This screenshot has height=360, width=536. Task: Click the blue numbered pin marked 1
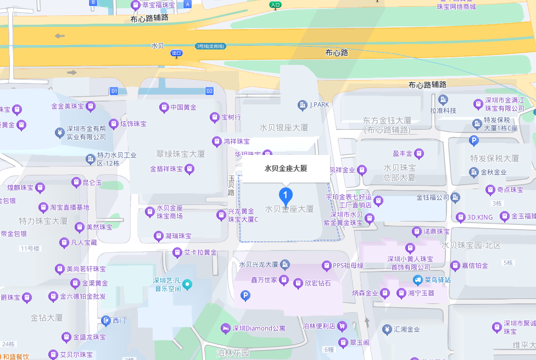click(x=286, y=195)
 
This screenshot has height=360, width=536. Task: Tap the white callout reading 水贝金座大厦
click(x=286, y=169)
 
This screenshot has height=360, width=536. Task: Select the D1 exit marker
click(x=114, y=91)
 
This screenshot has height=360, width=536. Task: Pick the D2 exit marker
click(x=209, y=91)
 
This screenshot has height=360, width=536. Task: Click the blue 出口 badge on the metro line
click(x=176, y=53)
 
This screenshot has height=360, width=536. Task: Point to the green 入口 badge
click(x=276, y=5)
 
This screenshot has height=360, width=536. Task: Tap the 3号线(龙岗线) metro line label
click(x=210, y=46)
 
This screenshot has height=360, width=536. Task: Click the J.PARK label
click(x=319, y=104)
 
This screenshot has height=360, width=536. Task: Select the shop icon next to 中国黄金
click(x=163, y=107)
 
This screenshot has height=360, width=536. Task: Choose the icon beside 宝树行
click(x=215, y=117)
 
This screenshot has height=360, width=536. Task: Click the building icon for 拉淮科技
click(x=443, y=99)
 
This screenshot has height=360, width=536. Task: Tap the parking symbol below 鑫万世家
click(x=245, y=296)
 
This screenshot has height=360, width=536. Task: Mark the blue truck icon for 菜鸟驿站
click(x=418, y=280)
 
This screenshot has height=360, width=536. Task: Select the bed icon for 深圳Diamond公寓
click(x=225, y=328)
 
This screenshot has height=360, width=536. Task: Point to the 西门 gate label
click(x=119, y=320)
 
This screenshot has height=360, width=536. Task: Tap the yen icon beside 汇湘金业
click(x=387, y=330)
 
